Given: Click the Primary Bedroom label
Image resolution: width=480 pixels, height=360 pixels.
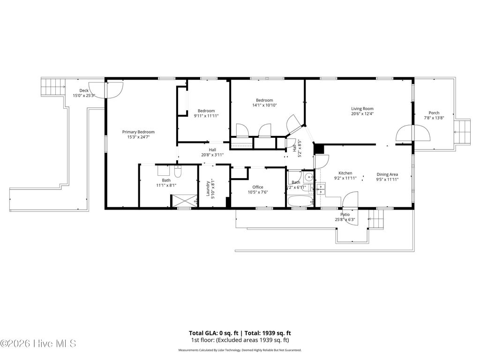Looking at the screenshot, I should tap(138, 132).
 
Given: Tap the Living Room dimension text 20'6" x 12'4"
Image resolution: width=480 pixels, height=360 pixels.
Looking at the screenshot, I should tap(362, 114).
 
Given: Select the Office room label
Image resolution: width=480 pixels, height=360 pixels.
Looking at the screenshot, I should tap(257, 187).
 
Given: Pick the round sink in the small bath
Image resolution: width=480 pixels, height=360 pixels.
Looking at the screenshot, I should tap(307, 177).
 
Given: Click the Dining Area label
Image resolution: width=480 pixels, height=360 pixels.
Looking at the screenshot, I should tap(387, 174).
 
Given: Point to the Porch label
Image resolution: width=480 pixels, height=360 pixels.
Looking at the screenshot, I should tap(434, 112).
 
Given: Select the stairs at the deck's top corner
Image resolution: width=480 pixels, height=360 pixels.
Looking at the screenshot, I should tap(52, 87).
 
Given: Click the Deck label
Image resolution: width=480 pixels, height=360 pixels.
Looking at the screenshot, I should tap(83, 90).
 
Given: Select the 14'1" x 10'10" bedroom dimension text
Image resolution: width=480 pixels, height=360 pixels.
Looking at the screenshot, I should tap(264, 105).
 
